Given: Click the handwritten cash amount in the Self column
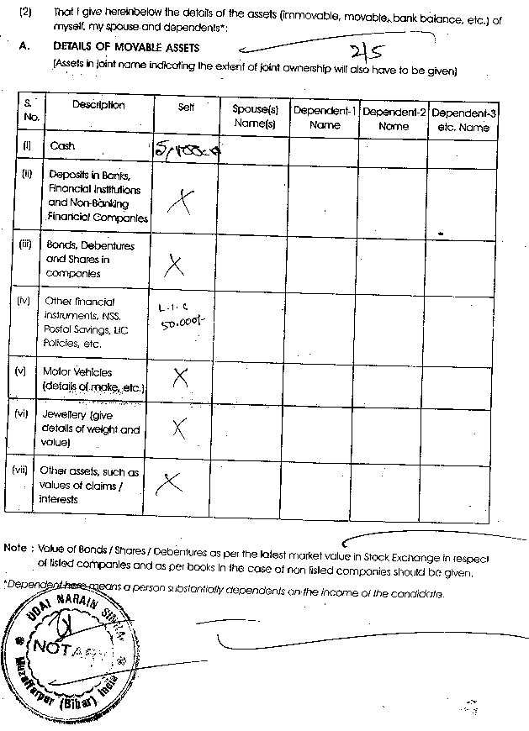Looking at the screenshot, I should click(x=186, y=151).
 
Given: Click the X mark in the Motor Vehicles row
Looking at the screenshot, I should click(x=180, y=378).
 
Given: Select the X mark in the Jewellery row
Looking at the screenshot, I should click(x=179, y=429).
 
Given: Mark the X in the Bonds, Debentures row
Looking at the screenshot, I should click(x=175, y=266).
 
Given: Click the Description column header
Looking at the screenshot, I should click(x=98, y=106).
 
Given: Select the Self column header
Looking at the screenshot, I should click(x=186, y=108).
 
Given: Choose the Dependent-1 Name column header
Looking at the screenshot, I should click(x=324, y=118).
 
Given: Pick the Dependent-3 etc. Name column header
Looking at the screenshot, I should click(x=463, y=119).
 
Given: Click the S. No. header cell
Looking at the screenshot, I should click(x=32, y=111).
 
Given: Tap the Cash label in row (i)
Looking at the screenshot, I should click(x=63, y=146).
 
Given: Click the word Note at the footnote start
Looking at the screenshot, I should click(x=15, y=548).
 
